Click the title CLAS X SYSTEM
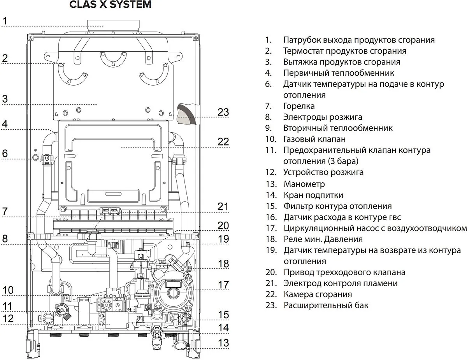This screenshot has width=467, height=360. coord(110,5)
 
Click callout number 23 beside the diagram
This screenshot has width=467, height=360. coord(223,112)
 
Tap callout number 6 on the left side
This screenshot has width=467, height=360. coord(5,154)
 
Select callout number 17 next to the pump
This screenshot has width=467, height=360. coord(223,285)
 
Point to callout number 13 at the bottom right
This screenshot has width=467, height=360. coord(223,343)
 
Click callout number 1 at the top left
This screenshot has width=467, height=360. coord(5,21)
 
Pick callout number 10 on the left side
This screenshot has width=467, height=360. coord(8,290)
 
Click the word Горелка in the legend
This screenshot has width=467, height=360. coord(299,106)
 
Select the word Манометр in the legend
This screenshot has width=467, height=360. coord(304,184)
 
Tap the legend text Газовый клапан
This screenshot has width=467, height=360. coord(314,139)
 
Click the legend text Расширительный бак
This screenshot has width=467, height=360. coord(326,305)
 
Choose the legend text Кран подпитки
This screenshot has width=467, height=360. coord(313,195)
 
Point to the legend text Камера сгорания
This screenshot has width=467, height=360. coord(318,294)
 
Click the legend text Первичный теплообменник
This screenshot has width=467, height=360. coord(339,73)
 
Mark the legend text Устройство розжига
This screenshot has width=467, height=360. coord(323,172)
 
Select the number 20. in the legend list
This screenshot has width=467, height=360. coord(271,272)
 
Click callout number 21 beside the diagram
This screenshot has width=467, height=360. coord(223,206)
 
